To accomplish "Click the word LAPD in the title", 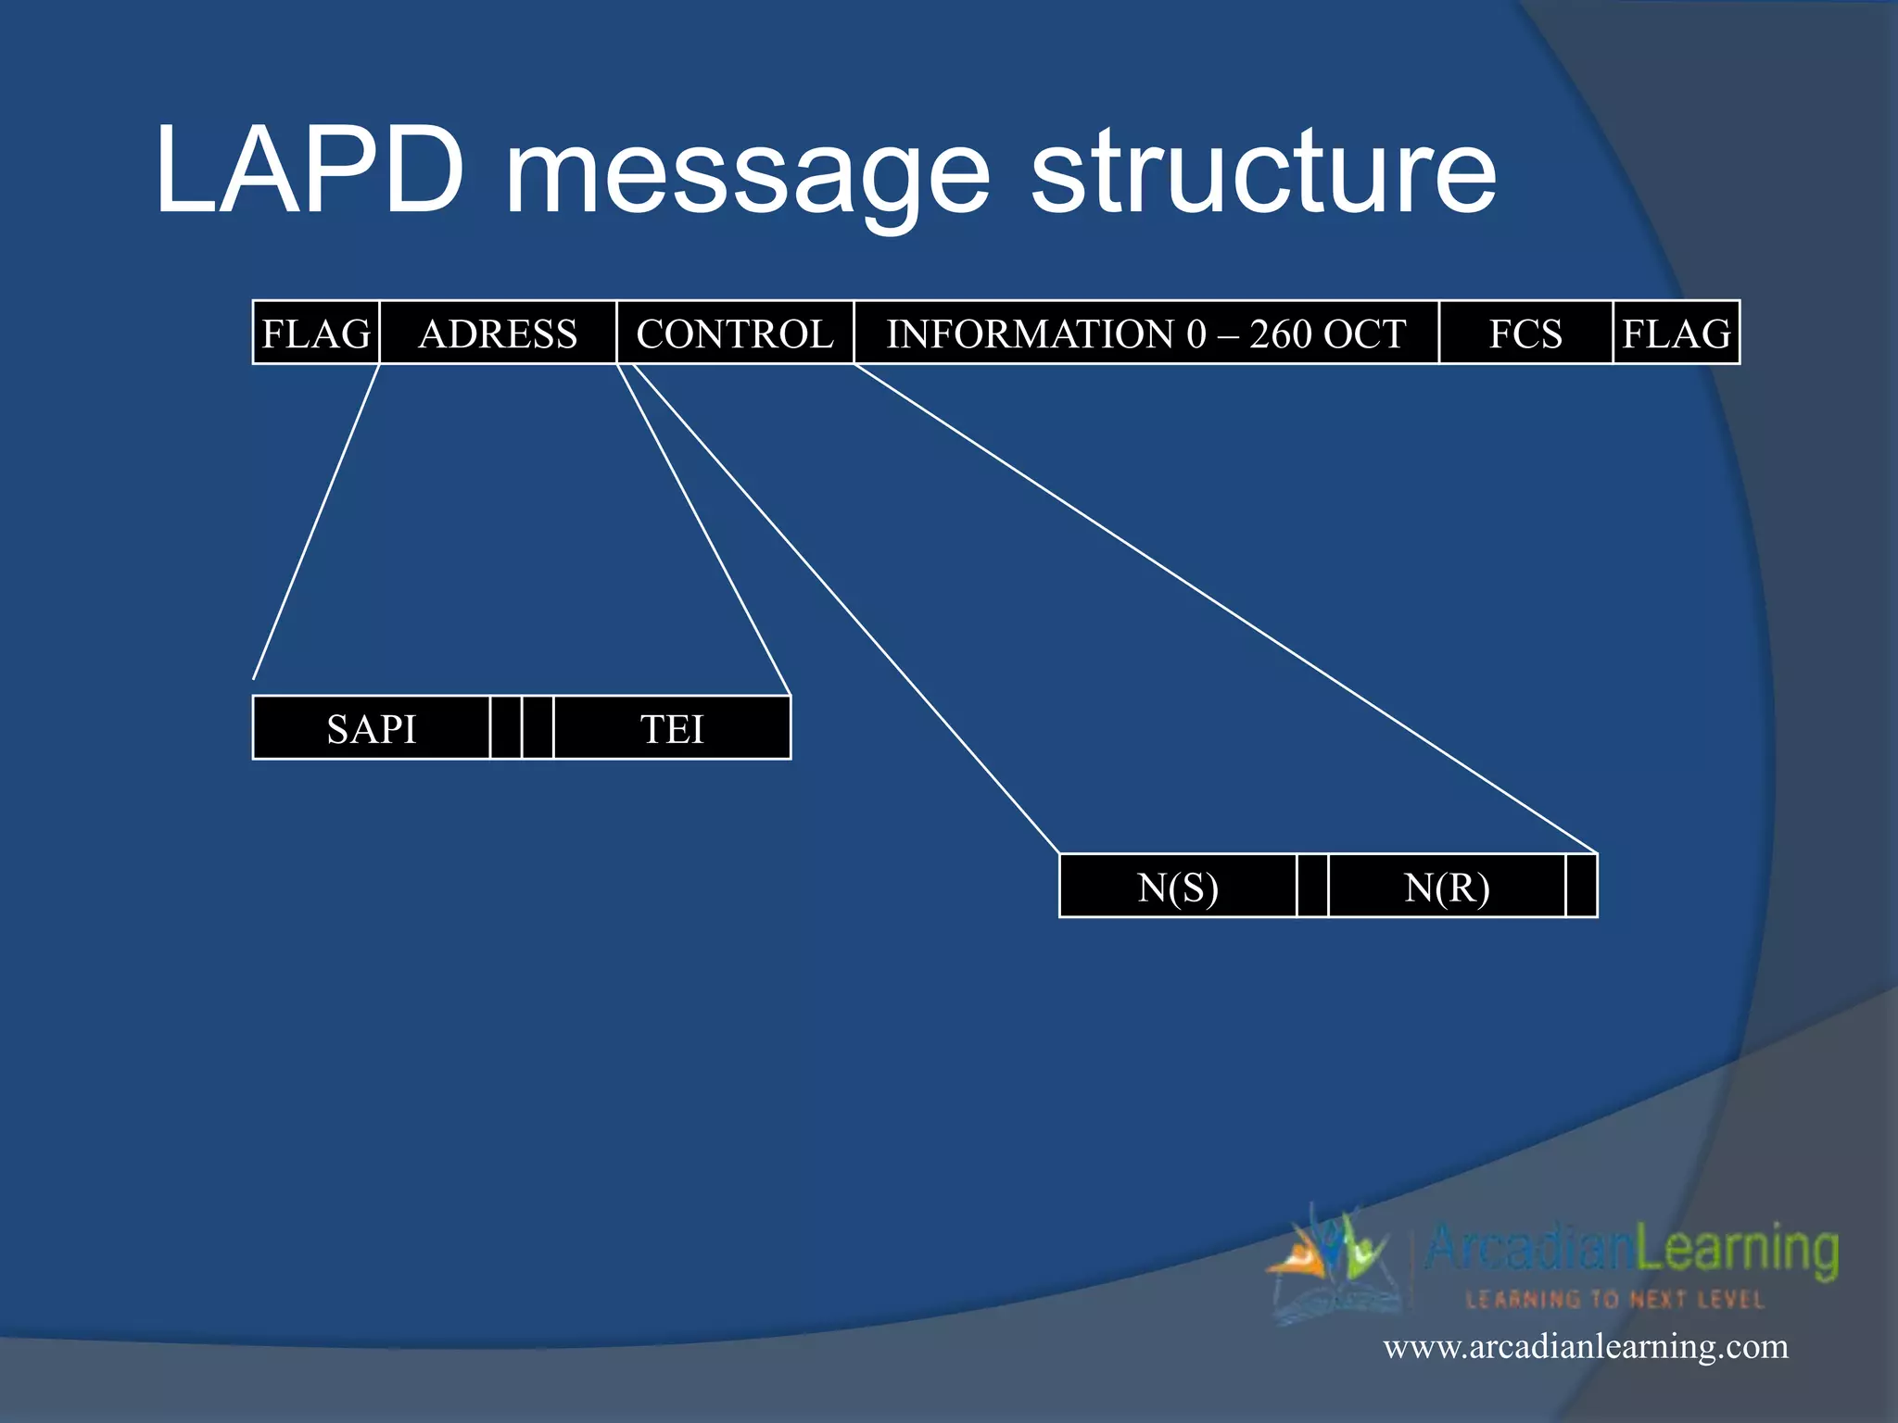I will click(309, 171).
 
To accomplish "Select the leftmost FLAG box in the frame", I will click(316, 333).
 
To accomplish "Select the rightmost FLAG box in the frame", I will click(1676, 333).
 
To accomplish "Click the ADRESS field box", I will click(498, 333).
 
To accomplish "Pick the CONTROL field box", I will click(734, 333).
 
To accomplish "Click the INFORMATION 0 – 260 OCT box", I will click(1145, 333).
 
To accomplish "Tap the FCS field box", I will click(1525, 333).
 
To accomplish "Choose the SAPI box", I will click(371, 728).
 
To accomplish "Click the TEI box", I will click(672, 728).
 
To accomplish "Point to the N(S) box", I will click(1177, 887).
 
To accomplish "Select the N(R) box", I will click(1446, 887).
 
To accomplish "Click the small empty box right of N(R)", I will click(1581, 887).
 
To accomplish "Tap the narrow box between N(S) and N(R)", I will click(1312, 887).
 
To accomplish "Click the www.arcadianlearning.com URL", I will click(1585, 1345).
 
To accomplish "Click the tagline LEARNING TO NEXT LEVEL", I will click(1613, 1299).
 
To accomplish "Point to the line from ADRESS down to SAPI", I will click(316, 522).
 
